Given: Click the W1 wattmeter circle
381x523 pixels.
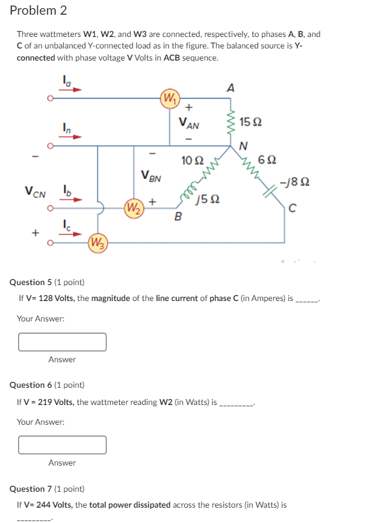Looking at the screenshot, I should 170,99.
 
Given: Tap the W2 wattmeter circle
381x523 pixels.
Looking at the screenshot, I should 133,207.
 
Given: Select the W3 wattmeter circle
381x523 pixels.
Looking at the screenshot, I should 97,242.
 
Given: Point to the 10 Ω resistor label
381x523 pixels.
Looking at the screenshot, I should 191,159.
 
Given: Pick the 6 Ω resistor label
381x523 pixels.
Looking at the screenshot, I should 266,159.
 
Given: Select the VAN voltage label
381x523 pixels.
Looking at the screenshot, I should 190,123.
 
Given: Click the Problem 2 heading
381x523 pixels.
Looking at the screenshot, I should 38,11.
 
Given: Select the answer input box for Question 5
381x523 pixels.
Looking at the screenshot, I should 62,342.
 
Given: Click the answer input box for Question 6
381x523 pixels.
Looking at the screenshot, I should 62,445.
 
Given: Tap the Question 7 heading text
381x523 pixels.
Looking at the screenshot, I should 47,489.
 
